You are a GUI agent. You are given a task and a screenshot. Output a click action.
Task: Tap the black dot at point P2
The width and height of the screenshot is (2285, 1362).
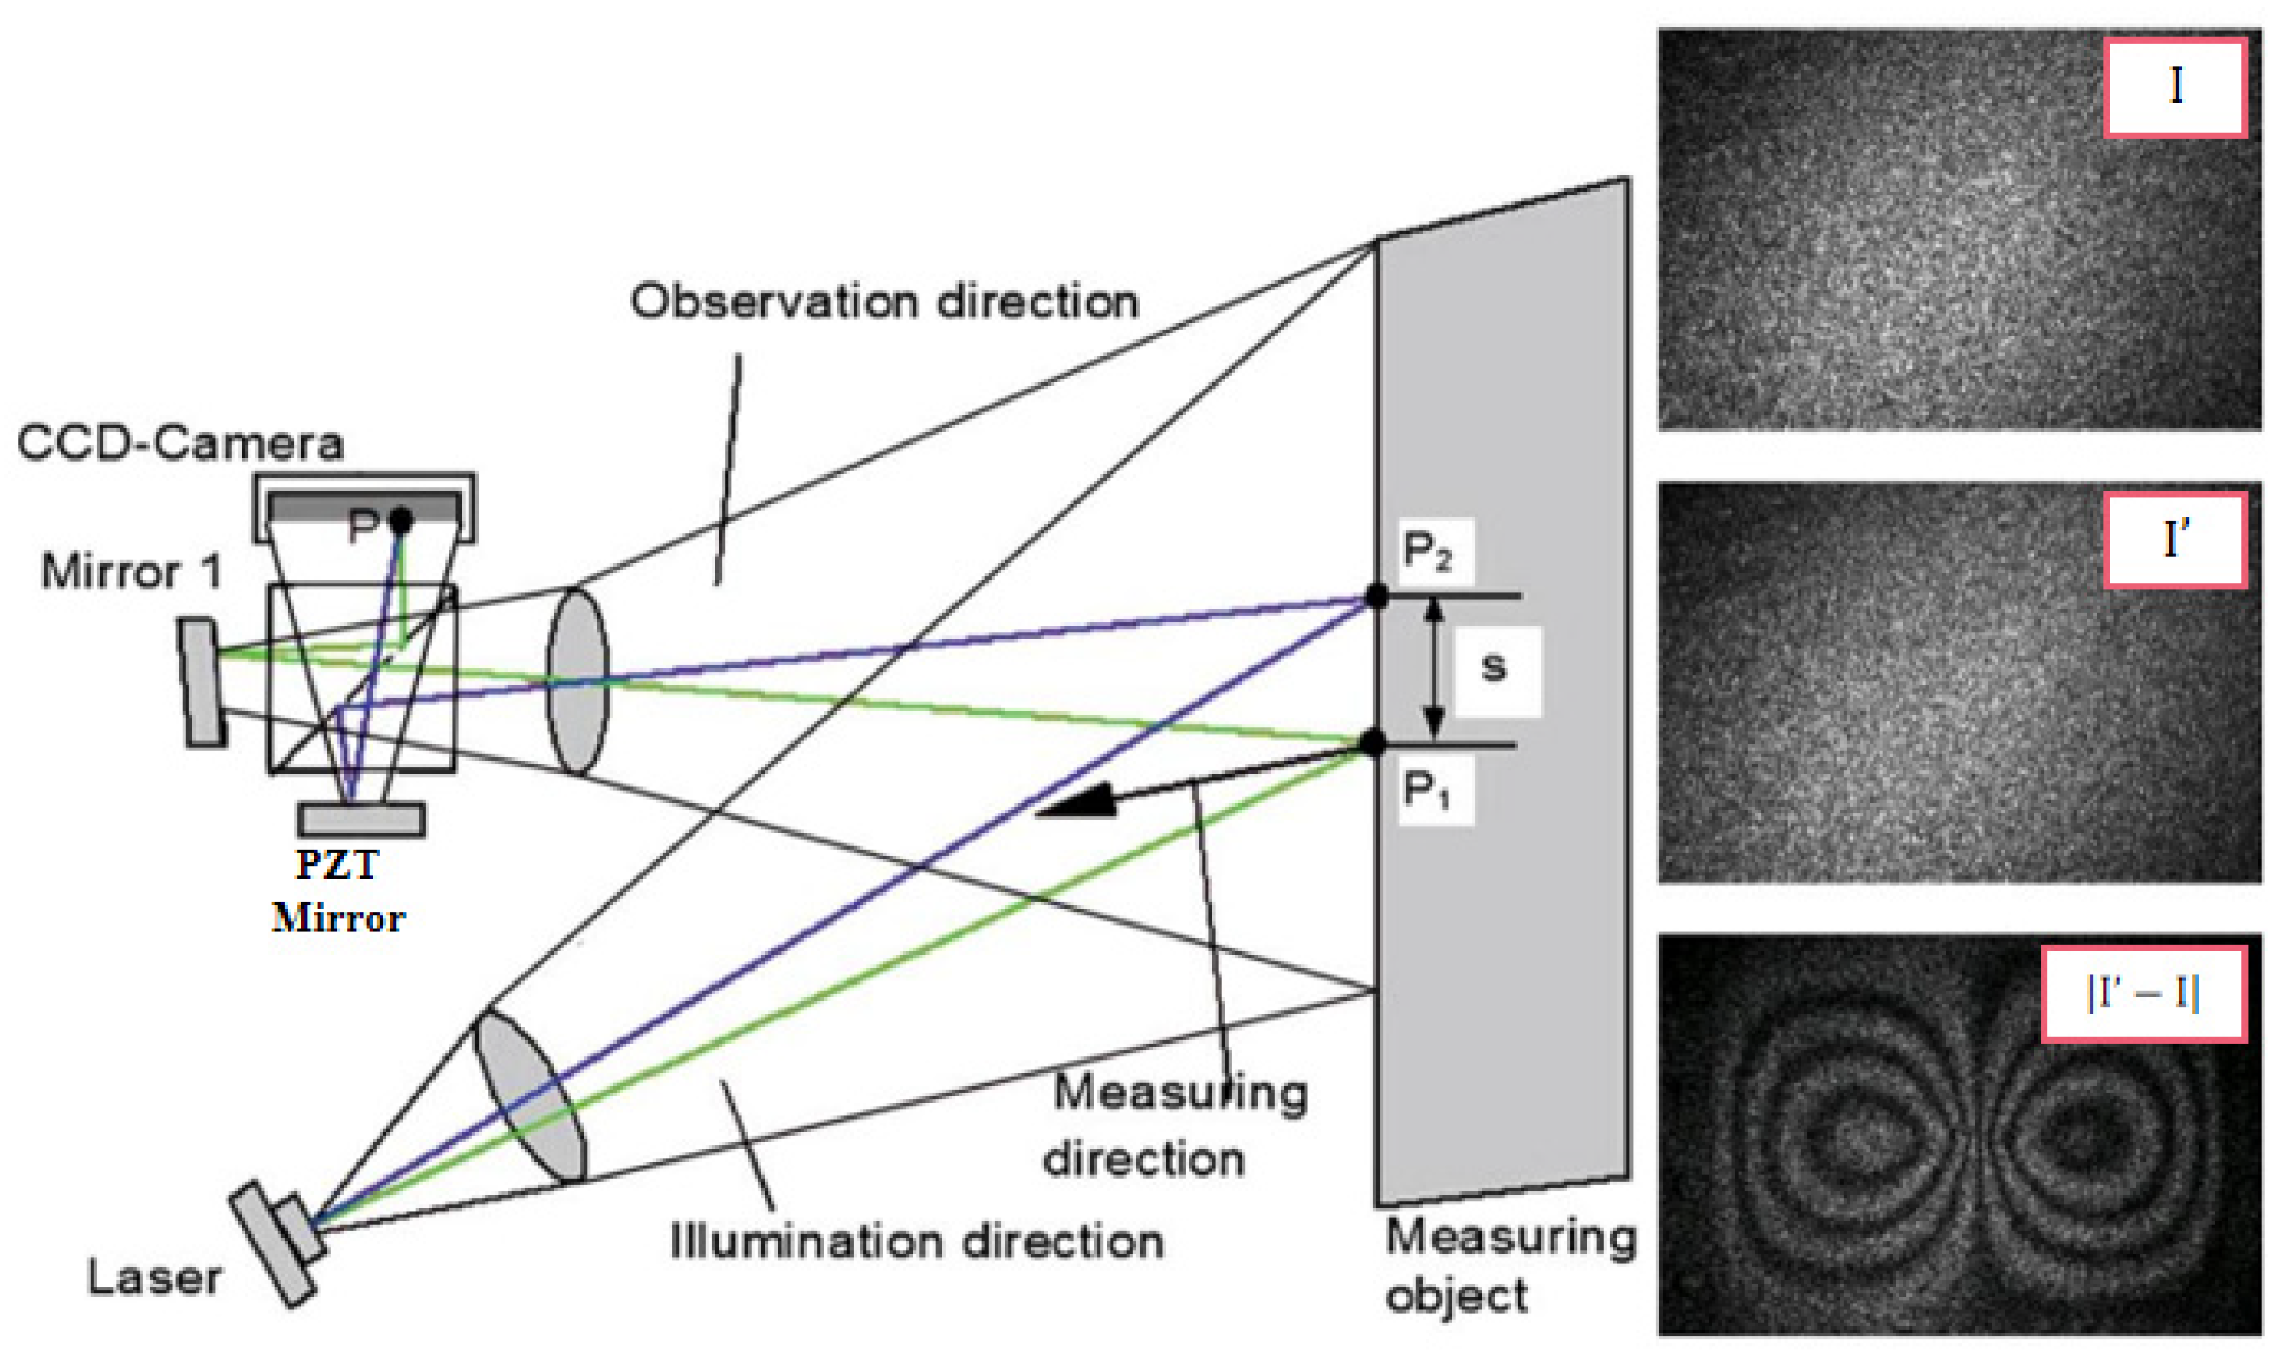pyautogui.click(x=1376, y=596)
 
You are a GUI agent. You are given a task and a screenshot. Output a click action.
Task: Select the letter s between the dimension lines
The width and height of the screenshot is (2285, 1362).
pyautogui.click(x=1493, y=668)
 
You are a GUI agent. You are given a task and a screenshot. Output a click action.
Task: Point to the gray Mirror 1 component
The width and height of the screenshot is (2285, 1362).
pyautogui.click(x=202, y=683)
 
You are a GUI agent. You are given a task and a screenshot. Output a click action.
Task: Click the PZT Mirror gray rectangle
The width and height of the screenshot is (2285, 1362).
pyautogui.click(x=361, y=820)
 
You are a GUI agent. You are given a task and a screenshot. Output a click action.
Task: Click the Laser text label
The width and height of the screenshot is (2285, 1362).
pyautogui.click(x=154, y=1279)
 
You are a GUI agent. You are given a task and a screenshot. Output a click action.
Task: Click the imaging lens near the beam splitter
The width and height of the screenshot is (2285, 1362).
pyautogui.click(x=577, y=681)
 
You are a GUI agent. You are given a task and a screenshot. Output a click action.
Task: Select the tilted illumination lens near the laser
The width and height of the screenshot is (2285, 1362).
pyautogui.click(x=529, y=1096)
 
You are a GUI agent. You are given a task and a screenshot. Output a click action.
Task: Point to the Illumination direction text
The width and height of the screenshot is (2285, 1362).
pyautogui.click(x=917, y=1242)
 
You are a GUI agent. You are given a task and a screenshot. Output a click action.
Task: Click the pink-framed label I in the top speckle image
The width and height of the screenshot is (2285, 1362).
pyautogui.click(x=2174, y=88)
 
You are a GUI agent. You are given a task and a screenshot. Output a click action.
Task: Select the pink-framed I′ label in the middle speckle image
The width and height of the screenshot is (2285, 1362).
pyautogui.click(x=2174, y=540)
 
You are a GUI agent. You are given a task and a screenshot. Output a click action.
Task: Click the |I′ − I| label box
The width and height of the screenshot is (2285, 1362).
pyautogui.click(x=2143, y=994)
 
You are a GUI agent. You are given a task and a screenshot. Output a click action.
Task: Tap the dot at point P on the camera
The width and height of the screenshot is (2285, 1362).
pyautogui.click(x=401, y=521)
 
